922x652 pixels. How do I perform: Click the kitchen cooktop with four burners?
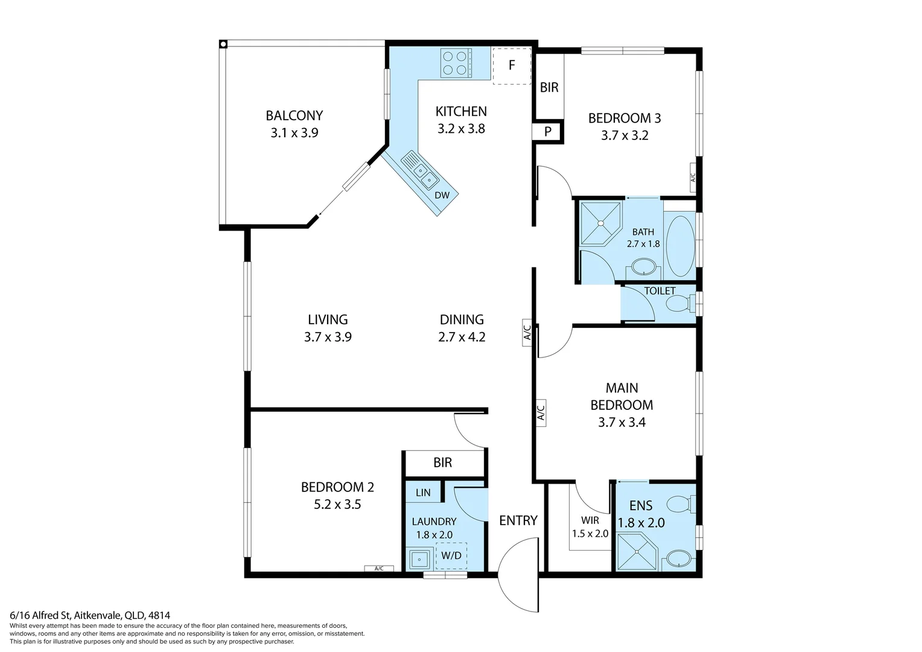(x=456, y=63)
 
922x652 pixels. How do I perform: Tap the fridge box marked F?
(x=512, y=65)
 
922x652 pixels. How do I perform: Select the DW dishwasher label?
(x=442, y=195)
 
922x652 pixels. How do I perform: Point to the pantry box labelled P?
(x=548, y=132)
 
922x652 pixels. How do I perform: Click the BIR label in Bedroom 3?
(x=549, y=88)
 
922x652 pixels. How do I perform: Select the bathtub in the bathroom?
(x=680, y=245)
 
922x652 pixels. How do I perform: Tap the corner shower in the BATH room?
(x=600, y=223)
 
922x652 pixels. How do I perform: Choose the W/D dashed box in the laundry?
(x=451, y=555)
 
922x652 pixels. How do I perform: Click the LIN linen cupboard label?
(x=423, y=493)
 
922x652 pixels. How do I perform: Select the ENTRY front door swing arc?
(x=518, y=577)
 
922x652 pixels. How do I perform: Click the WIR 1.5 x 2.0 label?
(x=590, y=527)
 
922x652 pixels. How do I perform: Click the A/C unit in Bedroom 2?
(x=379, y=568)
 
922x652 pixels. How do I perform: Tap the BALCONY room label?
(x=294, y=115)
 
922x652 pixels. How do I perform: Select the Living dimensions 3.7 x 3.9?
(x=328, y=337)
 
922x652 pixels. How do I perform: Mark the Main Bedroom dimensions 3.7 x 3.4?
(x=622, y=423)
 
